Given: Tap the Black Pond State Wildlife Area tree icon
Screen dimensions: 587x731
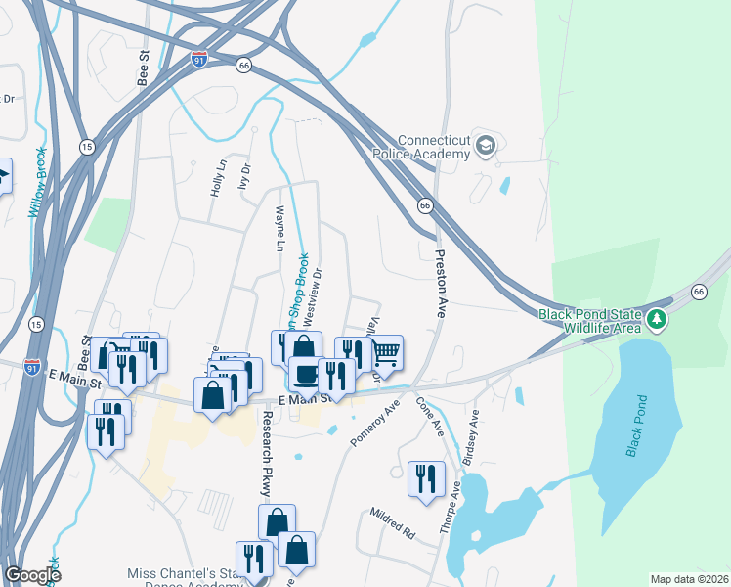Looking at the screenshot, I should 659,320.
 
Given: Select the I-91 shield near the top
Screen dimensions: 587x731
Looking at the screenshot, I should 199,59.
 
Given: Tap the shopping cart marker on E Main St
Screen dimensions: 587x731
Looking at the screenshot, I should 386,353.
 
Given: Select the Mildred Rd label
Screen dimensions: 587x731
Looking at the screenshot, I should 392,524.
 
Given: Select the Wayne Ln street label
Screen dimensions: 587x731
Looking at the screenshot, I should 280,230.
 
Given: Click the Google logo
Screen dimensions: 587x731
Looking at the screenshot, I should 33,575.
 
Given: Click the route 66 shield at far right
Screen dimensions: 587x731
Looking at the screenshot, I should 699,292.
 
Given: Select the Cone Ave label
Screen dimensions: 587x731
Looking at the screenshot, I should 431,415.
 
